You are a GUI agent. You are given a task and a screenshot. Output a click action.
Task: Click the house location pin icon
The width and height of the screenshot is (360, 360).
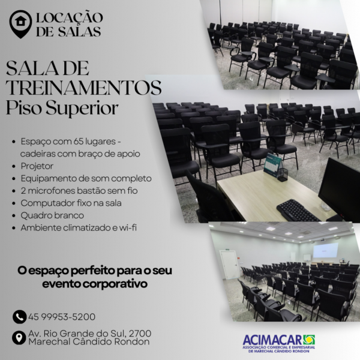pyautogui.click(x=20, y=24)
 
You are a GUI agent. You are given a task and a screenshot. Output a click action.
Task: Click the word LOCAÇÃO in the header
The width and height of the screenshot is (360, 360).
pyautogui.click(x=70, y=17)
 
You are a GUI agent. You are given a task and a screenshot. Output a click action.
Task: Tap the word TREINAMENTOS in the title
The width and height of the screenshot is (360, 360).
pyautogui.click(x=83, y=88)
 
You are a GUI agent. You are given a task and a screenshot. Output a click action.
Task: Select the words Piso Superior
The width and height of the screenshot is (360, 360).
pyautogui.click(x=62, y=108)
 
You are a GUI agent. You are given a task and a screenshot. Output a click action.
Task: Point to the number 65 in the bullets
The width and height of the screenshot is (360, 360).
pyautogui.click(x=78, y=142)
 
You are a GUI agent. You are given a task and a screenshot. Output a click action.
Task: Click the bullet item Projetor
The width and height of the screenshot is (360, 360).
pyautogui.click(x=37, y=166)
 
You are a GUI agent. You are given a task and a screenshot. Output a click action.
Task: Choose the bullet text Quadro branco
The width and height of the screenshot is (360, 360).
pyautogui.click(x=52, y=215)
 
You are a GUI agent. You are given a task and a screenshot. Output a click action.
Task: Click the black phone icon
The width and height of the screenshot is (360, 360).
pyautogui.click(x=20, y=317)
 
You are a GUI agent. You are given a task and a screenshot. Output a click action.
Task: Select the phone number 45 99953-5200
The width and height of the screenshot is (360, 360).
pyautogui.click(x=62, y=317)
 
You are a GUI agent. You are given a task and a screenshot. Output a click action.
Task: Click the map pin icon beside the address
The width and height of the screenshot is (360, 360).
pyautogui.click(x=19, y=338)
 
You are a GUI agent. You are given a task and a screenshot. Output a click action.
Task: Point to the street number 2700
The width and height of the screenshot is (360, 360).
pyautogui.click(x=140, y=334)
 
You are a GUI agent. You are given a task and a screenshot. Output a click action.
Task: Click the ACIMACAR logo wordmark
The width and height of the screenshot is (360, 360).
pyautogui.click(x=272, y=340)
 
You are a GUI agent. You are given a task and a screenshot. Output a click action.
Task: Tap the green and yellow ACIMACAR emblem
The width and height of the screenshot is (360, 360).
pyautogui.click(x=309, y=340)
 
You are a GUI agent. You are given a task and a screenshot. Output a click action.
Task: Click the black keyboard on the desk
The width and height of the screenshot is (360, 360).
pyautogui.click(x=298, y=211)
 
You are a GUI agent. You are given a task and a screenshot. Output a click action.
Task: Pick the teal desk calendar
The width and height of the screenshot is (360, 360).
pyautogui.click(x=272, y=165)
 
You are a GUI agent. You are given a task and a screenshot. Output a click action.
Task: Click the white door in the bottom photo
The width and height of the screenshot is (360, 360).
pyautogui.click(x=229, y=265)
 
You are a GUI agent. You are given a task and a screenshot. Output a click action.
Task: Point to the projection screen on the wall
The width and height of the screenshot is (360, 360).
pyautogui.click(x=326, y=250)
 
